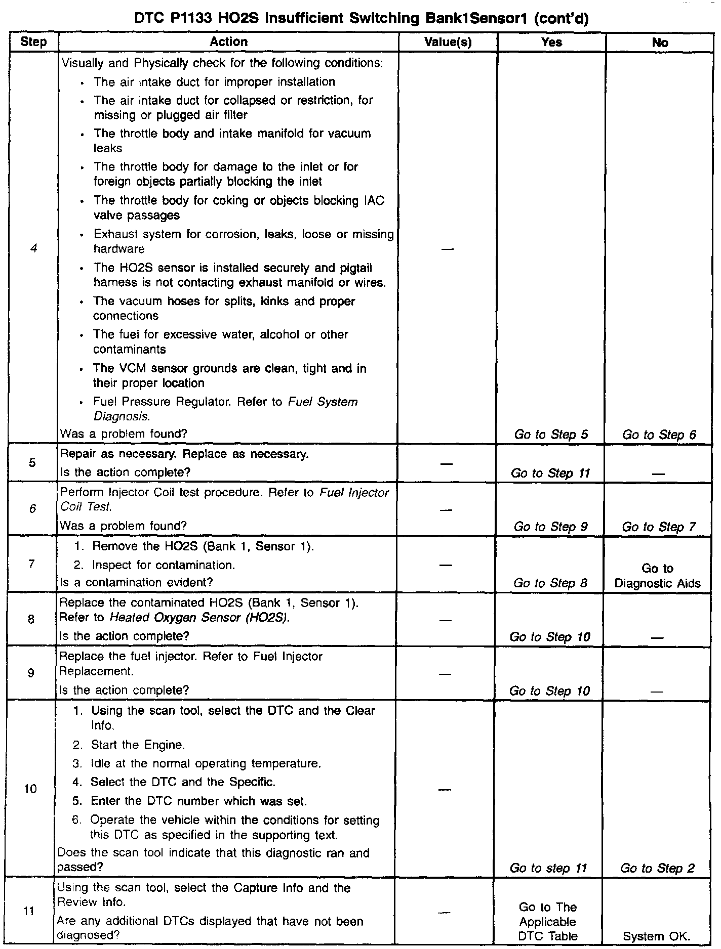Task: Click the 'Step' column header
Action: click(34, 42)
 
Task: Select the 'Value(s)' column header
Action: click(448, 42)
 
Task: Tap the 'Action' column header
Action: click(228, 42)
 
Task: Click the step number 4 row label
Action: click(33, 248)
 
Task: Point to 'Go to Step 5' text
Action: click(551, 435)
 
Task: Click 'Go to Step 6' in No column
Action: click(659, 435)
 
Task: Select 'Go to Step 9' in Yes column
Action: click(550, 527)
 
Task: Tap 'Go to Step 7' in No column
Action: click(659, 527)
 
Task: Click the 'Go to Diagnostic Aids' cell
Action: click(657, 576)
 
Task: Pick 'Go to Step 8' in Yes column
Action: click(550, 583)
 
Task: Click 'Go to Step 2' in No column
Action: click(657, 868)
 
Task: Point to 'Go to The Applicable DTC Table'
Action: click(548, 921)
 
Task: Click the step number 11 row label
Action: click(30, 911)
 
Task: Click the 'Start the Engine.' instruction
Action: click(138, 745)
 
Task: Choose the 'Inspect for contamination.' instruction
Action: click(163, 565)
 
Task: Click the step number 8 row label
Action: click(31, 619)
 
